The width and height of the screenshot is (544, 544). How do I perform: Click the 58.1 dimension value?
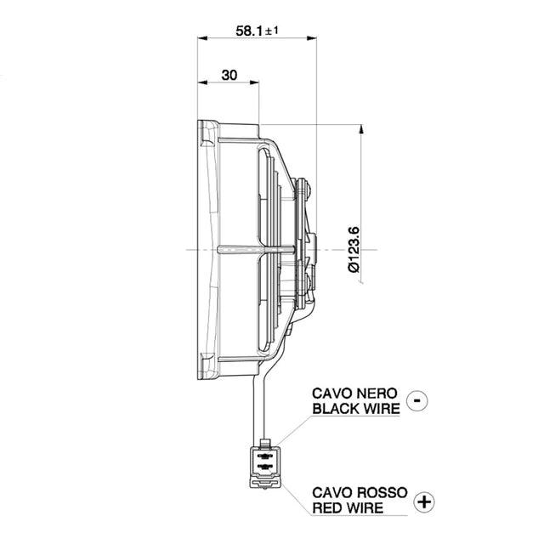(249, 31)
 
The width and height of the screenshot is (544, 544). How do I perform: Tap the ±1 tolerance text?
(273, 31)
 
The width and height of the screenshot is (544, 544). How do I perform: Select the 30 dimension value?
(229, 75)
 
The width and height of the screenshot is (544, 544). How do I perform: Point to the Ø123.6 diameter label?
(354, 249)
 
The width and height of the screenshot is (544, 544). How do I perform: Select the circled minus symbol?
(416, 399)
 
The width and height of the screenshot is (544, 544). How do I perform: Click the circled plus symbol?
(422, 501)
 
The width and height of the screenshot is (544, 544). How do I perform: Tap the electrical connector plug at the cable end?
(264, 465)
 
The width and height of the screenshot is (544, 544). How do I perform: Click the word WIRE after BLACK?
(382, 408)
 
